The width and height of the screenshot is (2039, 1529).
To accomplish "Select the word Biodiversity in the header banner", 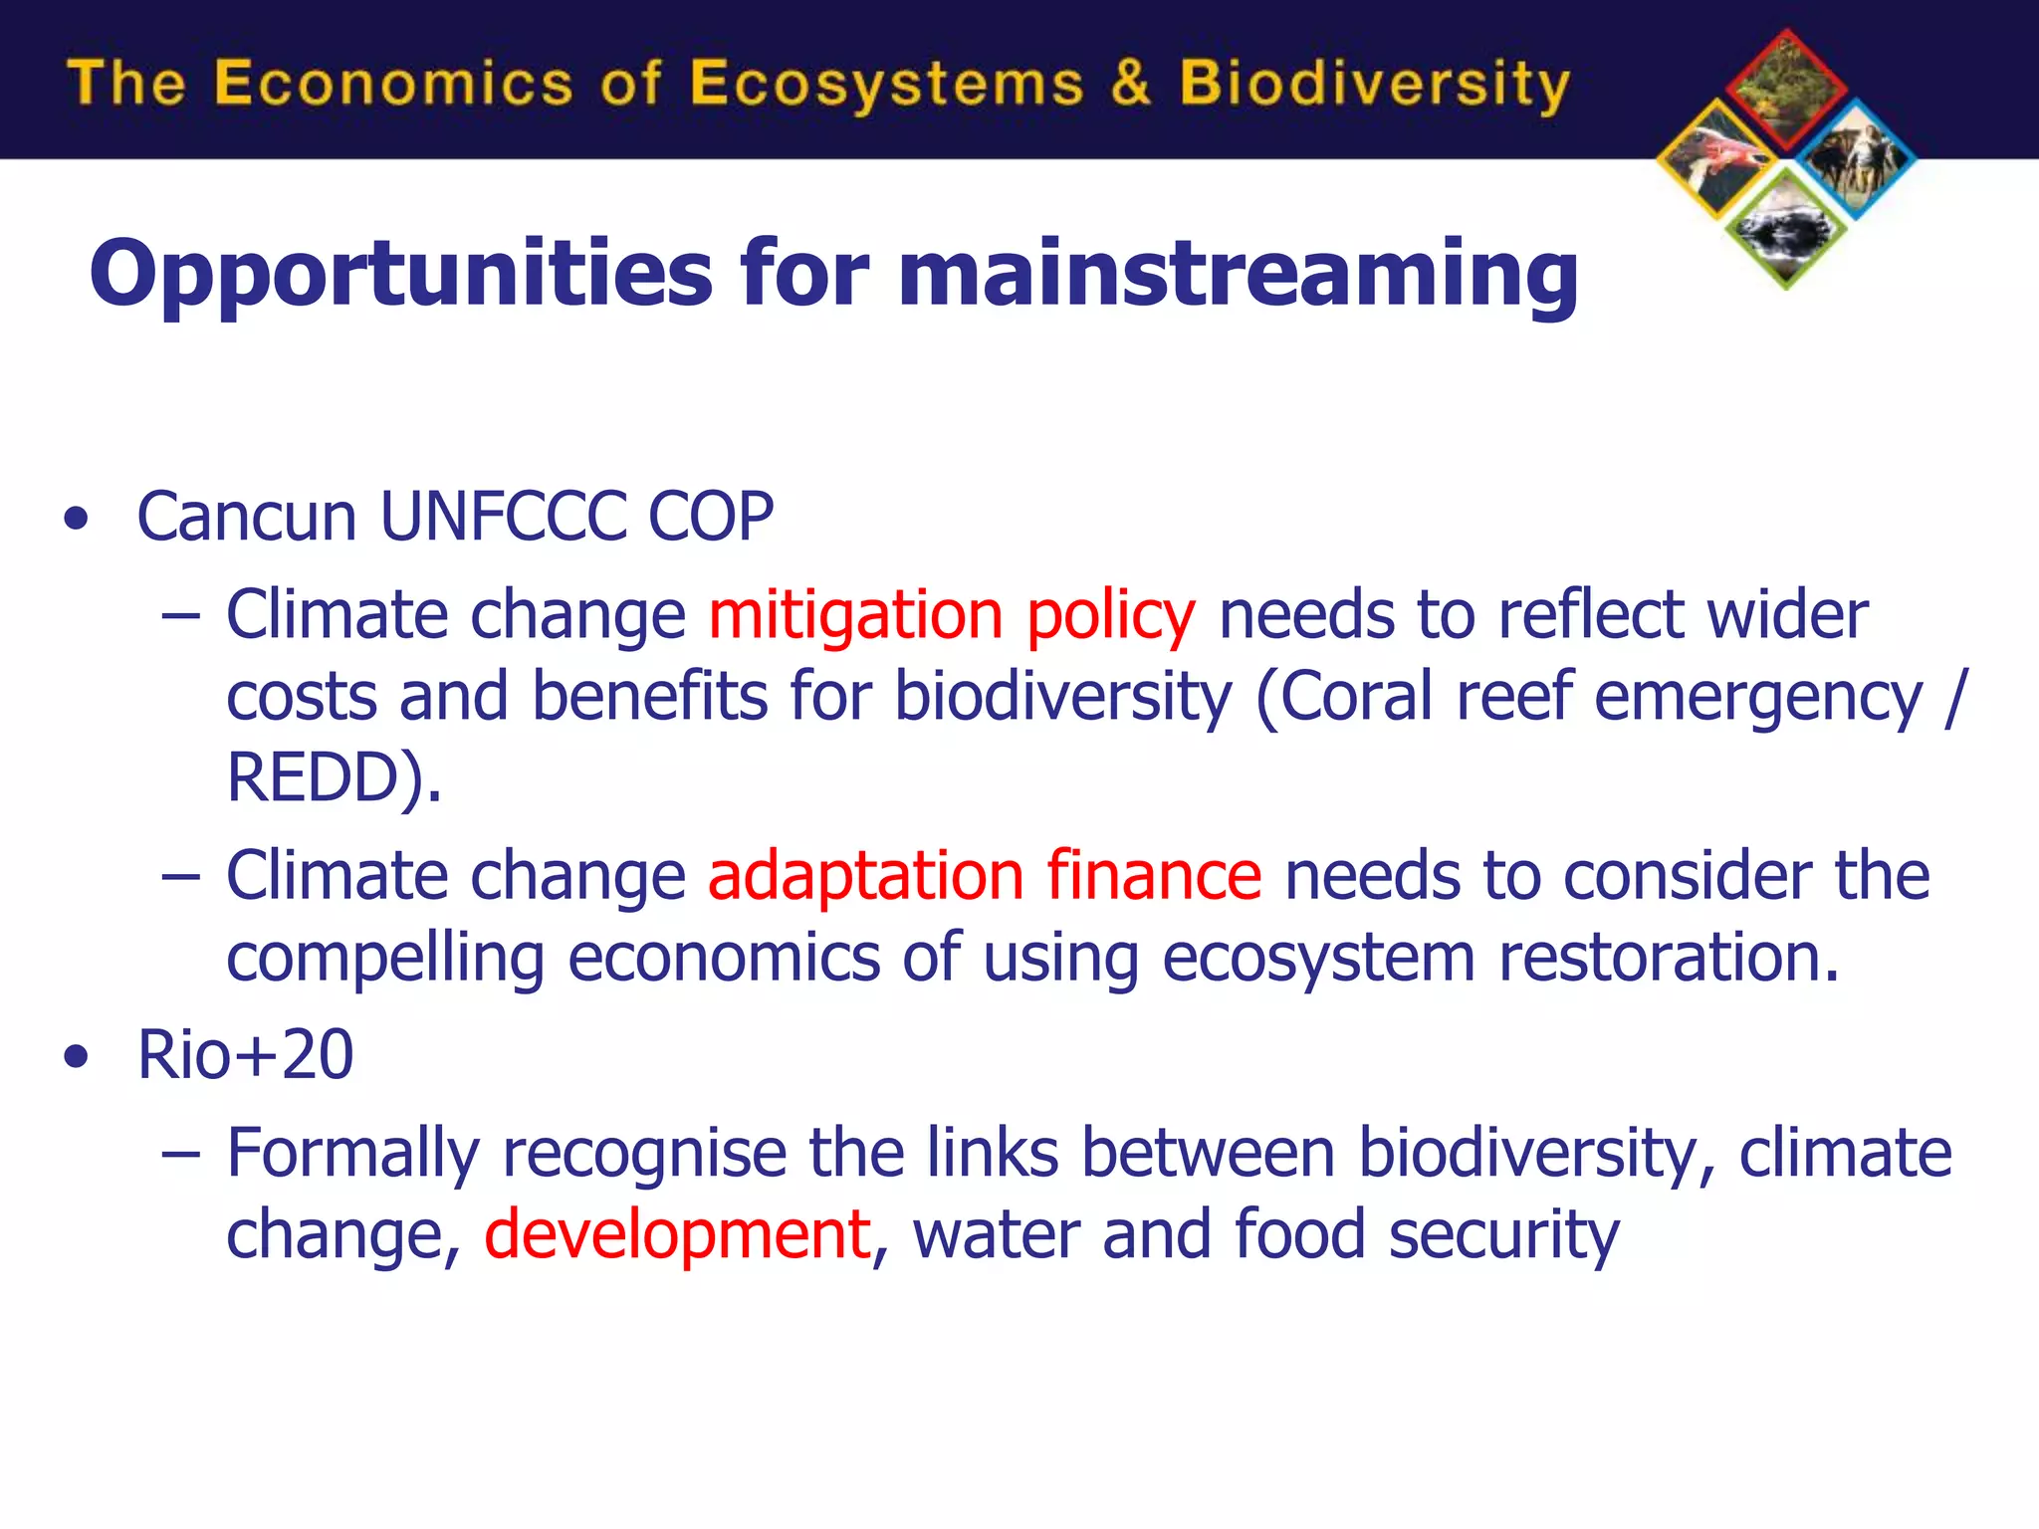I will click(1374, 84).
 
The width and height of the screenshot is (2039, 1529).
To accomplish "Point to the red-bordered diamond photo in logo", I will click(1786, 91).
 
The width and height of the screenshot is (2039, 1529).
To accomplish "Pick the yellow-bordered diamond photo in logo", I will click(1717, 159).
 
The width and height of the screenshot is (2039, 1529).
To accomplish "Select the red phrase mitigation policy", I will click(951, 614).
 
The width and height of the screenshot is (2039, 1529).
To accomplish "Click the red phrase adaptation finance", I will click(984, 876).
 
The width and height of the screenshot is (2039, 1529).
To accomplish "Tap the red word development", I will click(677, 1234).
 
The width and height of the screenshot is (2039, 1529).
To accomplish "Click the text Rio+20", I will click(245, 1054).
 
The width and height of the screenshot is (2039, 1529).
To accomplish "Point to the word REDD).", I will click(333, 777).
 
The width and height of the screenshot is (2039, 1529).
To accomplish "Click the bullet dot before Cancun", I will click(76, 519).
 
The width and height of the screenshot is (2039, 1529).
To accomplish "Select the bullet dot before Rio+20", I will click(76, 1056).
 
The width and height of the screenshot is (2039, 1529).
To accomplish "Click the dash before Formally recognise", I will click(180, 1154).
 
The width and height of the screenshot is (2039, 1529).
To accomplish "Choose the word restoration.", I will click(1669, 958).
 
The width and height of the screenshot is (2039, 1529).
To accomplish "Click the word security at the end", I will click(1503, 1234).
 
